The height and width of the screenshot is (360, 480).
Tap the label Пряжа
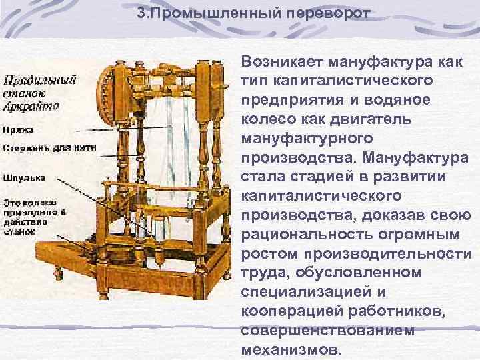tap(17, 130)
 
